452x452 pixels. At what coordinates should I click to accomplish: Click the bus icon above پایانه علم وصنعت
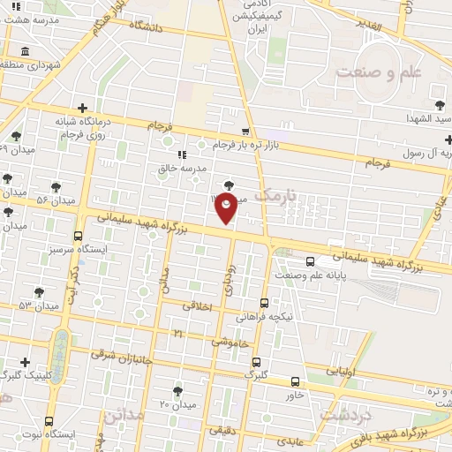click(x=310, y=261)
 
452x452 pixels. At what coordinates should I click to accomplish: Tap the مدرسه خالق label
click(x=206, y=168)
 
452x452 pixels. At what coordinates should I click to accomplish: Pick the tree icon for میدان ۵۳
click(x=38, y=291)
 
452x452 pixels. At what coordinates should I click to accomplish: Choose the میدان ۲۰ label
click(x=177, y=404)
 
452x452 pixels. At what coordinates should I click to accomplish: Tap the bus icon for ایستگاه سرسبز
click(x=79, y=236)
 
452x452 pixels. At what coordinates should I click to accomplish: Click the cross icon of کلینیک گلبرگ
click(x=25, y=362)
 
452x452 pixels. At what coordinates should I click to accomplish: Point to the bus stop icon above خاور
click(x=295, y=382)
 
